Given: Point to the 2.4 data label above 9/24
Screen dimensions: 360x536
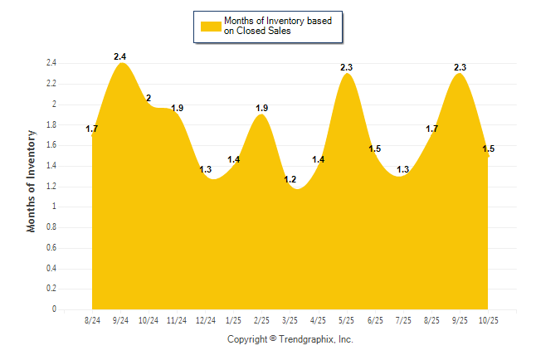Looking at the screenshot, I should click(x=120, y=56).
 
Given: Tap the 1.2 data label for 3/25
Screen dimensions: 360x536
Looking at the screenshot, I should click(x=290, y=180).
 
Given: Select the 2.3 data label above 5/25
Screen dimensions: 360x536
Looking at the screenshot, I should click(x=347, y=67).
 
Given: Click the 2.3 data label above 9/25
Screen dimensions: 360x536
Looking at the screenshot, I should click(x=459, y=67).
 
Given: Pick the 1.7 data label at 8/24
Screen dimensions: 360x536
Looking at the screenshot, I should click(x=92, y=129).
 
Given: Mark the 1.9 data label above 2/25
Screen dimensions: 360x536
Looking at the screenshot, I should click(x=261, y=108).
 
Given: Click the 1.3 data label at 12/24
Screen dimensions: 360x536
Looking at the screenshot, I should click(x=205, y=169).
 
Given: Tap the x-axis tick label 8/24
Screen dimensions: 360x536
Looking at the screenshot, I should click(x=92, y=319).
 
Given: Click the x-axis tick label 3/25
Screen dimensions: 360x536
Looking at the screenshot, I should click(x=290, y=319).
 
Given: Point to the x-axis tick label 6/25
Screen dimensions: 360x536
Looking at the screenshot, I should click(x=374, y=319).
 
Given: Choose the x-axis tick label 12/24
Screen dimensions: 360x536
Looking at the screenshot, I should click(x=205, y=319).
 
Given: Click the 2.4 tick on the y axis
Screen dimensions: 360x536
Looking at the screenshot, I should click(x=51, y=63).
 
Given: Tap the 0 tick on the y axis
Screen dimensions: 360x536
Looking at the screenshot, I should click(x=54, y=309).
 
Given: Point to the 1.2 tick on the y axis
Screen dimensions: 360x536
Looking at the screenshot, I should click(x=51, y=187).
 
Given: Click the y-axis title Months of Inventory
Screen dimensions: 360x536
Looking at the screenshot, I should click(x=32, y=180).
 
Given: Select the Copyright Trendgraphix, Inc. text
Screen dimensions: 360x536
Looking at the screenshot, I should click(x=290, y=339).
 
